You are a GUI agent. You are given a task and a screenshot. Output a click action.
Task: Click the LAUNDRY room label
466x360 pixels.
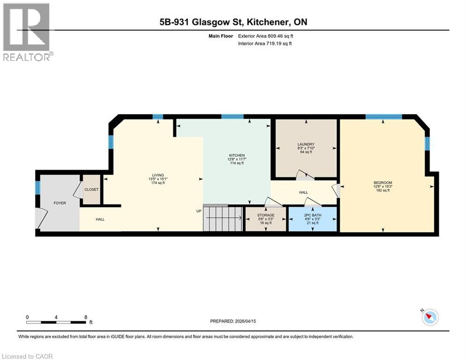coord(305,144)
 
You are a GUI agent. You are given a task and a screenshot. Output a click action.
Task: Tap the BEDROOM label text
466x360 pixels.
coord(383,183)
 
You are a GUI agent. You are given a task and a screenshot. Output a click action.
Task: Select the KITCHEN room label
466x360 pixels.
coord(237,156)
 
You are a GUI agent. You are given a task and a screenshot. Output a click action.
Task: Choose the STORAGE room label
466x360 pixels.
coord(266,215)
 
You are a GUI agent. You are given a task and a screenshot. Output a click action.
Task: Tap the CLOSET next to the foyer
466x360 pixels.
coord(91,190)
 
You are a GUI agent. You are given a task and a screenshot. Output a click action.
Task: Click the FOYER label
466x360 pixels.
coord(59,203)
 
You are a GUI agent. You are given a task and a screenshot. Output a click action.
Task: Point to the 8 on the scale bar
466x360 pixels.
coord(86,317)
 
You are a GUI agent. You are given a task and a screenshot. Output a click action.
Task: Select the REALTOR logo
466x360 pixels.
coord(27,32)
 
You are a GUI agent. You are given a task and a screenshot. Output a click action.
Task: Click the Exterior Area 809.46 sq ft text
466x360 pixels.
coord(266,36)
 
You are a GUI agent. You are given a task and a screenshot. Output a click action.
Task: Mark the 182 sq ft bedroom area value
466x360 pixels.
coord(383,190)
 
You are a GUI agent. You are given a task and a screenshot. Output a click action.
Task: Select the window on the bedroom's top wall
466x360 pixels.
coord(384,117)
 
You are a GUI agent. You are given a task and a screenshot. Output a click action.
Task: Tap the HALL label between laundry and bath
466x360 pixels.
coord(303,192)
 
